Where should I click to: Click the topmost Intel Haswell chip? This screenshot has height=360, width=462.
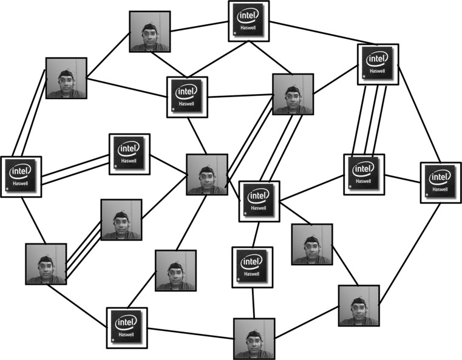(x=249, y=21)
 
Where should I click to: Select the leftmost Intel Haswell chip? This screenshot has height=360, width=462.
(x=21, y=177)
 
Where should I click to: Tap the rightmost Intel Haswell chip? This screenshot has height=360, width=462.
(x=441, y=182)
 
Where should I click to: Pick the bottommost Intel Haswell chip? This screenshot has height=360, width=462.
(x=127, y=328)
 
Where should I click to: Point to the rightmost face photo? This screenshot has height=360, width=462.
(x=359, y=305)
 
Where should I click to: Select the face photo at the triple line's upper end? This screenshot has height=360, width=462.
(x=121, y=219)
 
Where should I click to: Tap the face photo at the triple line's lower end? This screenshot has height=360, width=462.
(x=46, y=264)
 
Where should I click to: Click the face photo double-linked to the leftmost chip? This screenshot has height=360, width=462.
(x=66, y=78)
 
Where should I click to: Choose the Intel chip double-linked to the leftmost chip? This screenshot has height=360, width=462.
(x=129, y=154)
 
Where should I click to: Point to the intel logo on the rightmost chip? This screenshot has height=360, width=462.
(x=440, y=178)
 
